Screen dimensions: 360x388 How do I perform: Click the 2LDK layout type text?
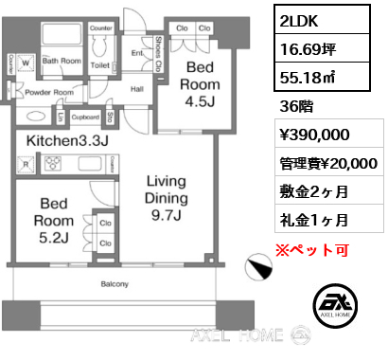click(303, 17)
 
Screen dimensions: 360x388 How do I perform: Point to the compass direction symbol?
click(256, 269)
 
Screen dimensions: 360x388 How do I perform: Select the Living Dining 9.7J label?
click(166, 197)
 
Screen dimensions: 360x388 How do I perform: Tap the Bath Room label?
click(62, 61)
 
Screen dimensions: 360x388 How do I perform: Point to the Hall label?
click(136, 89)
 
